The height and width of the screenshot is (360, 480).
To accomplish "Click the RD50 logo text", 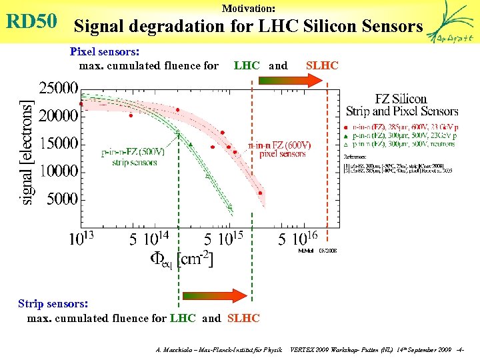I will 31,22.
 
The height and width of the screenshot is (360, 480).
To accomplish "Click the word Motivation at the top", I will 248,9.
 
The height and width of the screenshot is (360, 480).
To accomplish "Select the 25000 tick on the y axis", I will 58,87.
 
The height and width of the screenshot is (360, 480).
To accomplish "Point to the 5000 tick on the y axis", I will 63,198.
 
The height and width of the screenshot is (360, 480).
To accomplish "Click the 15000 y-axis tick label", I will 58,143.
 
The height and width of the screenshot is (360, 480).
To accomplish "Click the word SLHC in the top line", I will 322,65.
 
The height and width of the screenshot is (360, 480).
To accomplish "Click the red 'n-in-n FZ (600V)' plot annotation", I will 279,149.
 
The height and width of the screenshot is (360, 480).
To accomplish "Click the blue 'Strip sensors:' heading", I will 53,303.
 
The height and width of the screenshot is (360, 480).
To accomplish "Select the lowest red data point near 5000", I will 260,193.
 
